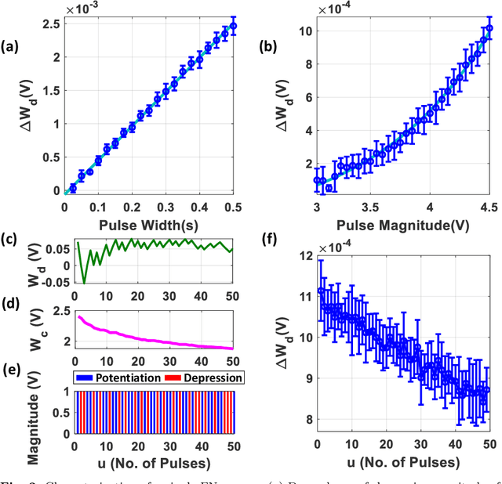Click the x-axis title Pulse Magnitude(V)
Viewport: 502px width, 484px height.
tap(400, 226)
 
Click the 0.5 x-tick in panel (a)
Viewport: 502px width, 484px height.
tap(234, 208)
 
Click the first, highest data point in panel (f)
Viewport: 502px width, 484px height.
tap(321, 291)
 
